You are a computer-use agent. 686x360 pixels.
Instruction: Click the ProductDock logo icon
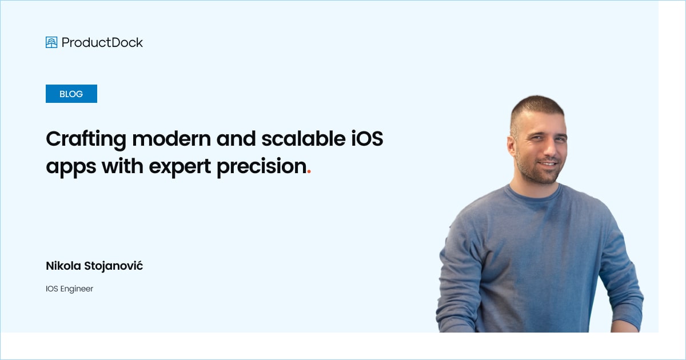pyautogui.click(x=51, y=42)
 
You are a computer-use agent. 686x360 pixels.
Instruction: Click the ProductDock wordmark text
pyautogui.click(x=102, y=42)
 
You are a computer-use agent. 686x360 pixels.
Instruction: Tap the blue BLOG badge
pyautogui.click(x=71, y=94)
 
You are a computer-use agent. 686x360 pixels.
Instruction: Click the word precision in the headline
pyautogui.click(x=262, y=167)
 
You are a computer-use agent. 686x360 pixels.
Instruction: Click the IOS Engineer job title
pyautogui.click(x=69, y=289)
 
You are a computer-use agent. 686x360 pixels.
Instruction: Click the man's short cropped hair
pyautogui.click(x=537, y=106)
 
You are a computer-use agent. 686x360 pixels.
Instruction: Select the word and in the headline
pyautogui.click(x=235, y=139)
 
